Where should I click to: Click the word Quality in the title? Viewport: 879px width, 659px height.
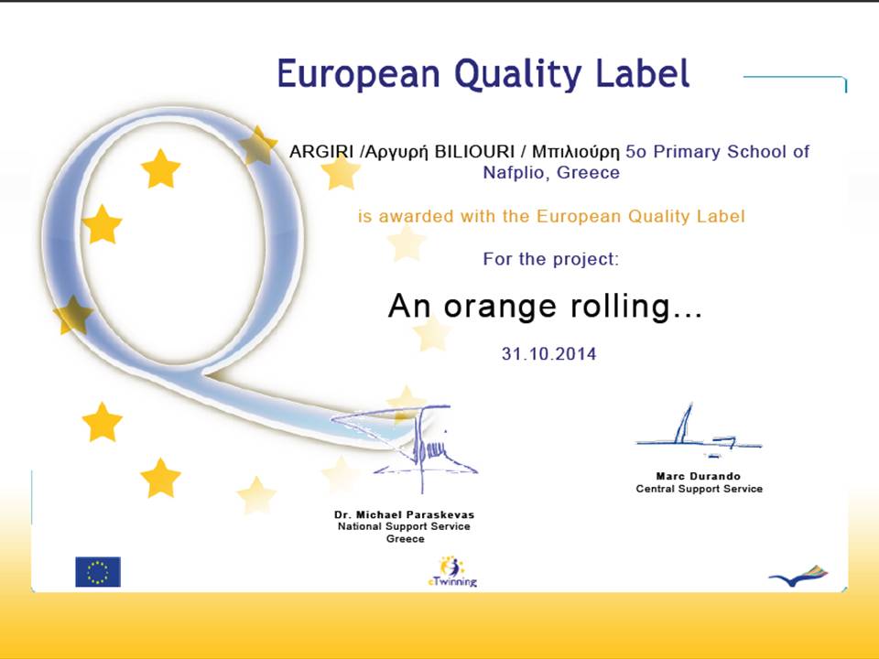[518, 75]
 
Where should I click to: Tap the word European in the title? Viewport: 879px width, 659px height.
[359, 74]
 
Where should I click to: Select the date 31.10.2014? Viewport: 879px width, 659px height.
[548, 353]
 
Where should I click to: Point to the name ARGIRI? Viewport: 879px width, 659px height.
[321, 151]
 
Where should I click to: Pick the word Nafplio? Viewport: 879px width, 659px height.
[514, 173]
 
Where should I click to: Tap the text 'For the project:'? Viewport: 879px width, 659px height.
[551, 259]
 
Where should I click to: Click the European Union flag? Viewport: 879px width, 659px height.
[98, 571]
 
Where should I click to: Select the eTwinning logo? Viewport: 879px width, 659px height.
[451, 571]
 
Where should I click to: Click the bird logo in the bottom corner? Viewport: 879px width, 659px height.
[798, 576]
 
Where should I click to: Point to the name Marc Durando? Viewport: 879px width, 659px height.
[699, 476]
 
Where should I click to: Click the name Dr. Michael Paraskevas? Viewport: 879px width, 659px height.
[404, 514]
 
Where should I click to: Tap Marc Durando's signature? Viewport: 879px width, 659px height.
[699, 431]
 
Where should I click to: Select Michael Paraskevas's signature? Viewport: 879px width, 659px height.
[405, 443]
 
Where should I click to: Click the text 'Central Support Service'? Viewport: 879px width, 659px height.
[699, 489]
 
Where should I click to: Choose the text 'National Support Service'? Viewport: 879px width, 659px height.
[404, 526]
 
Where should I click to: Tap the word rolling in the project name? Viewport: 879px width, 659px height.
[636, 308]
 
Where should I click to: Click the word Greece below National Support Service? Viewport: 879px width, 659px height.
[406, 538]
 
